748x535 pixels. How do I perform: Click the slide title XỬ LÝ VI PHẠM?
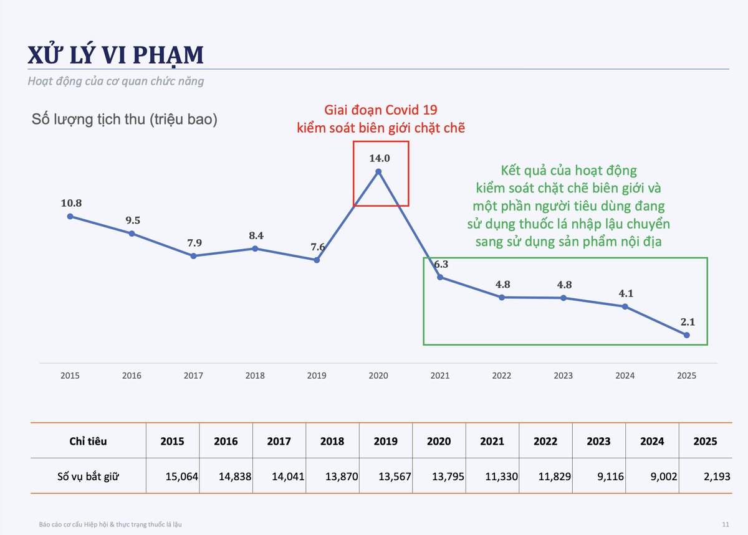[x=115, y=54]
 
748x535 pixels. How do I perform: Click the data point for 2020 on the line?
[x=378, y=172]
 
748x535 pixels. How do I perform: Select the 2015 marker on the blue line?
[x=70, y=217]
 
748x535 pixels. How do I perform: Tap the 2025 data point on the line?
[x=686, y=335]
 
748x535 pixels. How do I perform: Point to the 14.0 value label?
[x=380, y=158]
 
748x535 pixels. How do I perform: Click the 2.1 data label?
[x=688, y=322]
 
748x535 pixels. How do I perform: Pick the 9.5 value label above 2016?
[x=133, y=220]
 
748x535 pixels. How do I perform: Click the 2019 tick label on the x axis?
[x=317, y=376]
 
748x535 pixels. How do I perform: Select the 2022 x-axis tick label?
[x=502, y=376]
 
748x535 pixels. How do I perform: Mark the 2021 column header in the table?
[x=492, y=441]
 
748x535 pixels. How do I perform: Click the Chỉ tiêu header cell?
[x=88, y=441]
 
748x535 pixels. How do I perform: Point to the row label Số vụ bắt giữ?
[x=88, y=476]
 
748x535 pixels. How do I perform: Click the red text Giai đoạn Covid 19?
[x=381, y=110]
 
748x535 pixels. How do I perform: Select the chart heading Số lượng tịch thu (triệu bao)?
[x=125, y=119]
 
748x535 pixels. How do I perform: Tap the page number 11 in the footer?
[x=726, y=524]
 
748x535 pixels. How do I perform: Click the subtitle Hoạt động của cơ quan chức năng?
[x=115, y=81]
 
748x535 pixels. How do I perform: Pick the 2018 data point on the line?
[x=255, y=249]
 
